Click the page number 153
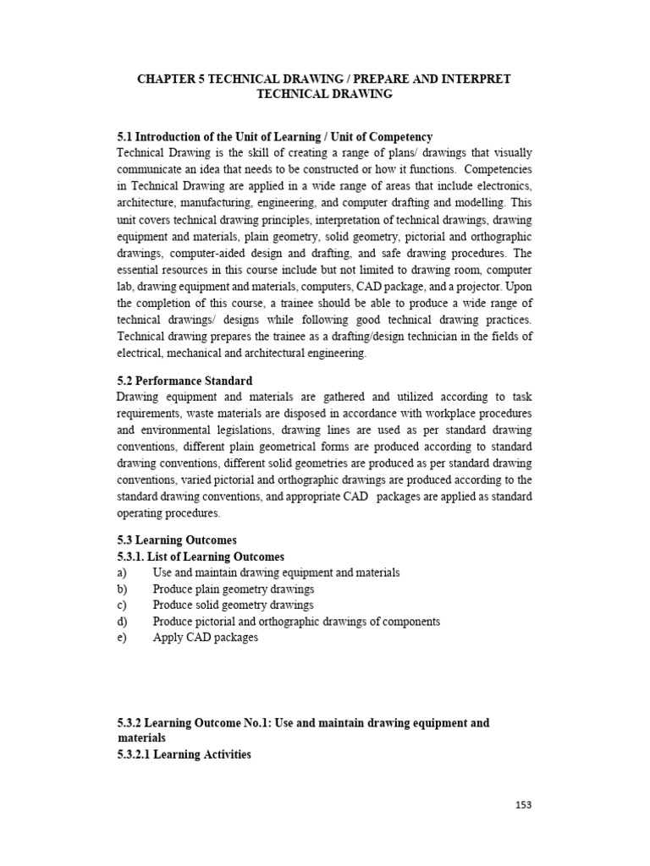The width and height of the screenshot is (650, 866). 523,805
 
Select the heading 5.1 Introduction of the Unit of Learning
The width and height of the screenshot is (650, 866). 275,137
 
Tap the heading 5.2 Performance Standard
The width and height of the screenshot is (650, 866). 185,381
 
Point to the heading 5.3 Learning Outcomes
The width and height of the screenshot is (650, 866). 177,540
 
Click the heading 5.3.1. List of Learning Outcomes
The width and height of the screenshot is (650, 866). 201,556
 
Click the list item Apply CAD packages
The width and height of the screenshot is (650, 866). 205,638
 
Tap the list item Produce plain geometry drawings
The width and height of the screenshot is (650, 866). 233,589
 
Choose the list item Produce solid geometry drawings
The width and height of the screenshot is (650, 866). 233,605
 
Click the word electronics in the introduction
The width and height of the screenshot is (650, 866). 503,185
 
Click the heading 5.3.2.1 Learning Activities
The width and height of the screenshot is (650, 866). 184,754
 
